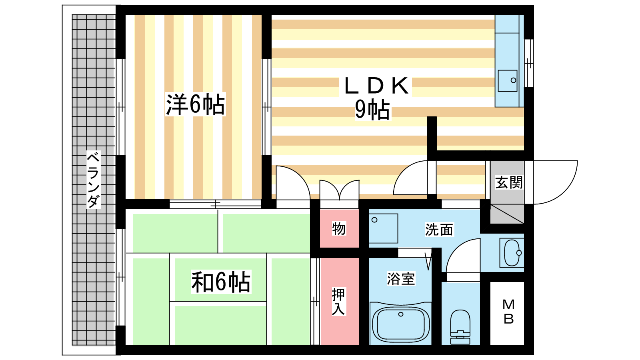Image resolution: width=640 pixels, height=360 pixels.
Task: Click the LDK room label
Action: click(x=376, y=86)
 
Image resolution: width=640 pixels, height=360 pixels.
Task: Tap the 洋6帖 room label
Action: click(x=196, y=104)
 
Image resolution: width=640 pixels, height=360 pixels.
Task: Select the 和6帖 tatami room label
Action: click(x=221, y=282)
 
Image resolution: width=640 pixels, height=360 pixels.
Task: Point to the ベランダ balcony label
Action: click(x=93, y=180)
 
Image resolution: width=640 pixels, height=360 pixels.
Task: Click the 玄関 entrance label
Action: click(x=509, y=182)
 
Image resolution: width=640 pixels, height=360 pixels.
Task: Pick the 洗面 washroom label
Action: click(x=439, y=230)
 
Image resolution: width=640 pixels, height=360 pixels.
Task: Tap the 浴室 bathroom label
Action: click(x=401, y=278)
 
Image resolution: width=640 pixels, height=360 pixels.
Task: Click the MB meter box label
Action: click(x=508, y=312)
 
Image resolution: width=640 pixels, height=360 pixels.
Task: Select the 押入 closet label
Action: click(x=338, y=302)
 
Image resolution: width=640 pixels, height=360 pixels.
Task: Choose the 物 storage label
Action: click(x=339, y=229)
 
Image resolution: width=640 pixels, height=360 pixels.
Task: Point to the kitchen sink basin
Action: click(x=508, y=81)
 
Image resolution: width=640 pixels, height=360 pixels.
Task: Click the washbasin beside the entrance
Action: click(x=512, y=253)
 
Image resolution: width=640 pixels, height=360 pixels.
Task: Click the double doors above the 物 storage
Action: click(x=339, y=190)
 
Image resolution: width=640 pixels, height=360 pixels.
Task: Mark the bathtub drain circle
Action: click(x=401, y=314)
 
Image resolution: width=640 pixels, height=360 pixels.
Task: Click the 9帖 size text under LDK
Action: click(x=372, y=110)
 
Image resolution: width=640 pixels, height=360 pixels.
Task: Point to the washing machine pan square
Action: click(x=383, y=228)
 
